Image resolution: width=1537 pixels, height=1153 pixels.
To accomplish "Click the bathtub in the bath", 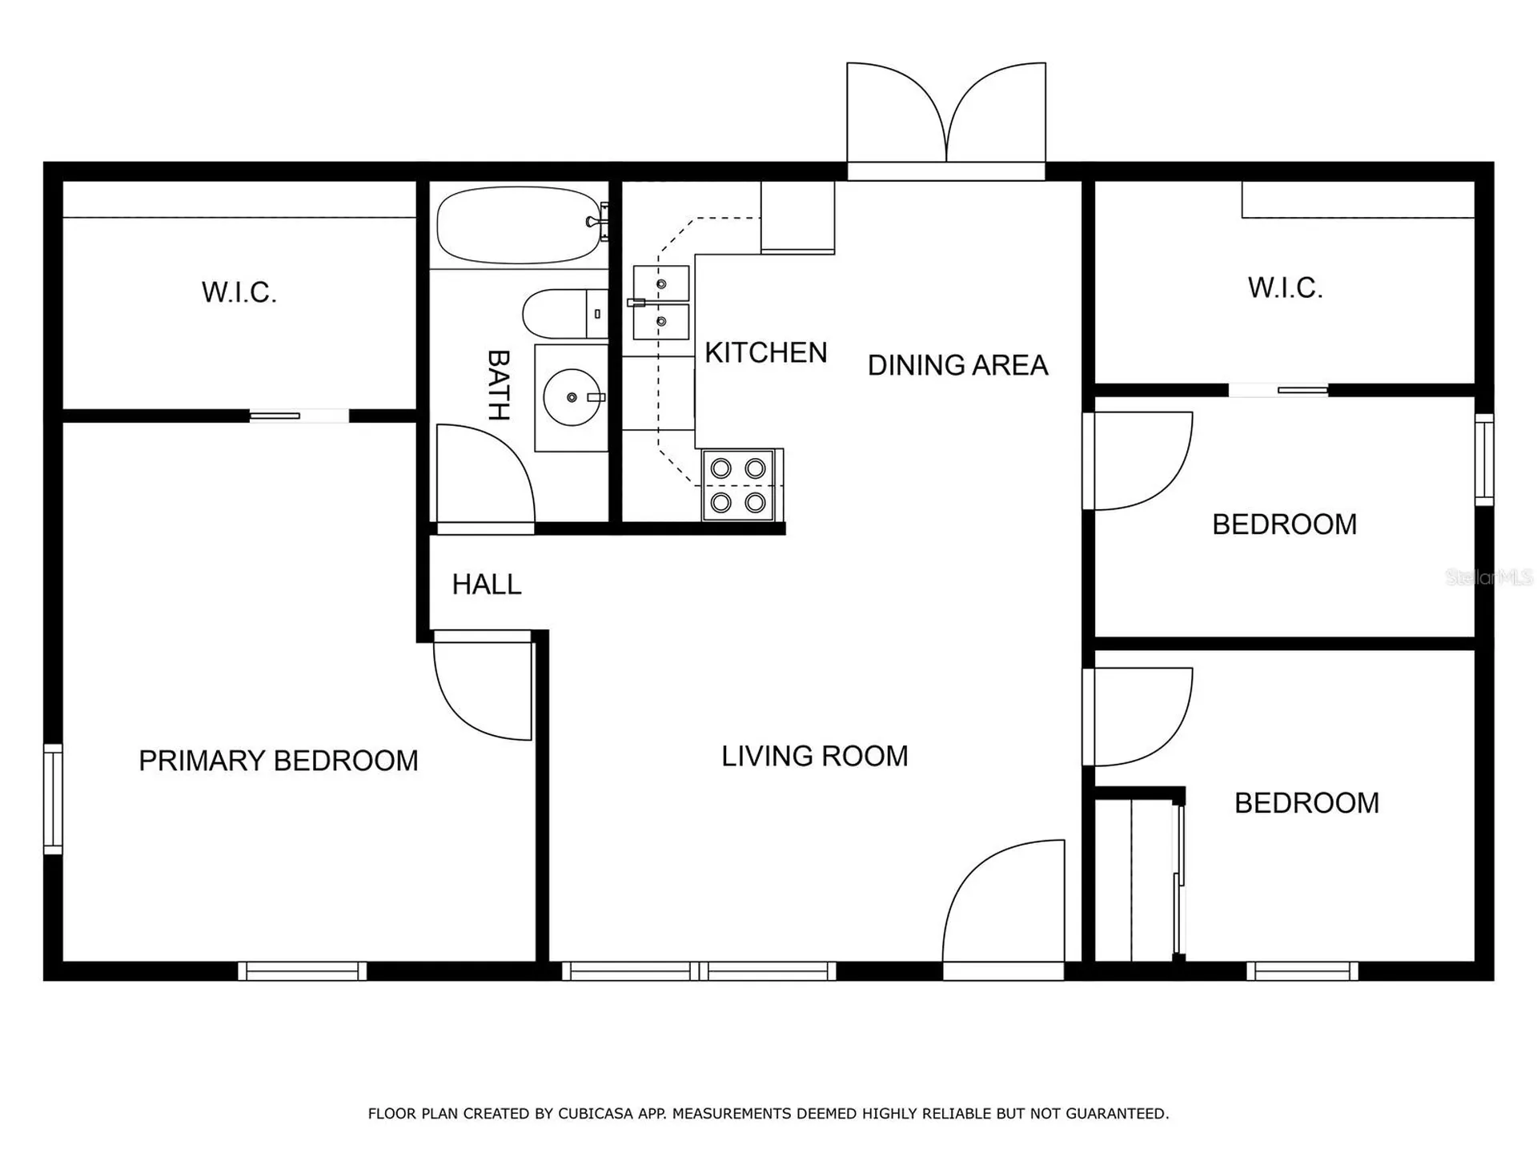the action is (x=519, y=225).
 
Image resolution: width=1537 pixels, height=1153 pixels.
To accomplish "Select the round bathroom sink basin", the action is (x=572, y=397).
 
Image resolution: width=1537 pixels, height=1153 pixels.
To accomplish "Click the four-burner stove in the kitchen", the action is (x=740, y=485).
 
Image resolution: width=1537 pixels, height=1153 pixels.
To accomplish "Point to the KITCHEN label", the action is (x=766, y=352).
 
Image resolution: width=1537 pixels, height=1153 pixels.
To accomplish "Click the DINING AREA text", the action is (x=958, y=365).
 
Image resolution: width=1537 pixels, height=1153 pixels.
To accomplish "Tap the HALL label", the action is (x=487, y=585).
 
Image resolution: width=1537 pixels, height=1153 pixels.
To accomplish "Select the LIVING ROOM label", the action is (x=815, y=756).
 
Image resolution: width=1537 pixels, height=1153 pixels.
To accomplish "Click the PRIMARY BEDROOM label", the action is (x=279, y=761).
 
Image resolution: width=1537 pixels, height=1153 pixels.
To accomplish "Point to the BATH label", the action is (x=499, y=385).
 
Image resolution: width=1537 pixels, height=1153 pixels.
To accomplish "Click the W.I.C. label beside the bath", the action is (x=239, y=292).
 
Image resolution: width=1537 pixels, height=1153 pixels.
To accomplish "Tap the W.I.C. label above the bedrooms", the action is (x=1286, y=287).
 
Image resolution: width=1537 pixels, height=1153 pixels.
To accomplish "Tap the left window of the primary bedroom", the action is (x=53, y=798).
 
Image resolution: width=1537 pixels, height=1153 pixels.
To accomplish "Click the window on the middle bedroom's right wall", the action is (x=1484, y=459).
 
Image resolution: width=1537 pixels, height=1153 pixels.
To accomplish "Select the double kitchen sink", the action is (x=661, y=303).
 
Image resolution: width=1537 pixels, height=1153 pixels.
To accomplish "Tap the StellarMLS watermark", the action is (x=1489, y=577).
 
